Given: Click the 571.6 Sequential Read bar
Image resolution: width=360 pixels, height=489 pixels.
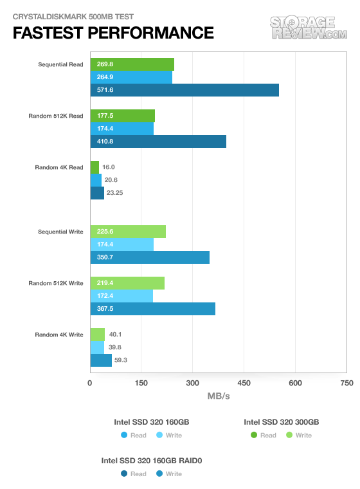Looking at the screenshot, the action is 184,90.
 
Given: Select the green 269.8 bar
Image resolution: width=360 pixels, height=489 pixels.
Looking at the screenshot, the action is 132,64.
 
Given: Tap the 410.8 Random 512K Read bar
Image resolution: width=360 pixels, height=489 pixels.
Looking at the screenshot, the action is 158,142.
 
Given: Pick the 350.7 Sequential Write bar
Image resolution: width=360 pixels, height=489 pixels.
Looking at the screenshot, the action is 150,257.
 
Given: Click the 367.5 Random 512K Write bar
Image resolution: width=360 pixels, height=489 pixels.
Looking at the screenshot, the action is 153,309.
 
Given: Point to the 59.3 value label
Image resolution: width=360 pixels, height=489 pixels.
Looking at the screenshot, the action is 121,360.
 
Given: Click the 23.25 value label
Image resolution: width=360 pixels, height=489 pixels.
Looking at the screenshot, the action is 114,193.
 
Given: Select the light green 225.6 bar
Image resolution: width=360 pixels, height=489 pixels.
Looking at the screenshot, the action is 128,232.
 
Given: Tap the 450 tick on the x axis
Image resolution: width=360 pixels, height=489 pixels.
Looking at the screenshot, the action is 244,383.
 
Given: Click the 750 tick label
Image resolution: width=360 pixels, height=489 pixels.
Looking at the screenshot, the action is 346,383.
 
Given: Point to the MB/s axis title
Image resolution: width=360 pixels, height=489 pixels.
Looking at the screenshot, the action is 219,396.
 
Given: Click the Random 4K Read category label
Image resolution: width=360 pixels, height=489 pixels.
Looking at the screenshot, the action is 59,167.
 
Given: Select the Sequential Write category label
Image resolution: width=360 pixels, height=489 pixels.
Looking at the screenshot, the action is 60,232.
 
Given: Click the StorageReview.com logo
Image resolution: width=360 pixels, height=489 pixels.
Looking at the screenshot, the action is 309,28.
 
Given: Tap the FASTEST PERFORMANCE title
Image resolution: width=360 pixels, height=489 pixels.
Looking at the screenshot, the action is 113,33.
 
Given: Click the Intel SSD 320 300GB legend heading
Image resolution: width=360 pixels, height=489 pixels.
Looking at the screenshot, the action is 281,422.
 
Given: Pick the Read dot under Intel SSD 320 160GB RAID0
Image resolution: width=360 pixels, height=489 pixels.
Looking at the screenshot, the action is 124,474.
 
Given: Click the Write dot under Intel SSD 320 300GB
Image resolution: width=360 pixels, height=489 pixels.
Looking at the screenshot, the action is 289,435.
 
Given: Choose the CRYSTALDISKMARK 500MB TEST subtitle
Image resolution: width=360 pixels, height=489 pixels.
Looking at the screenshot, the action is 73,17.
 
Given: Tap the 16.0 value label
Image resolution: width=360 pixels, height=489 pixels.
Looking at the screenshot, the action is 109,167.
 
